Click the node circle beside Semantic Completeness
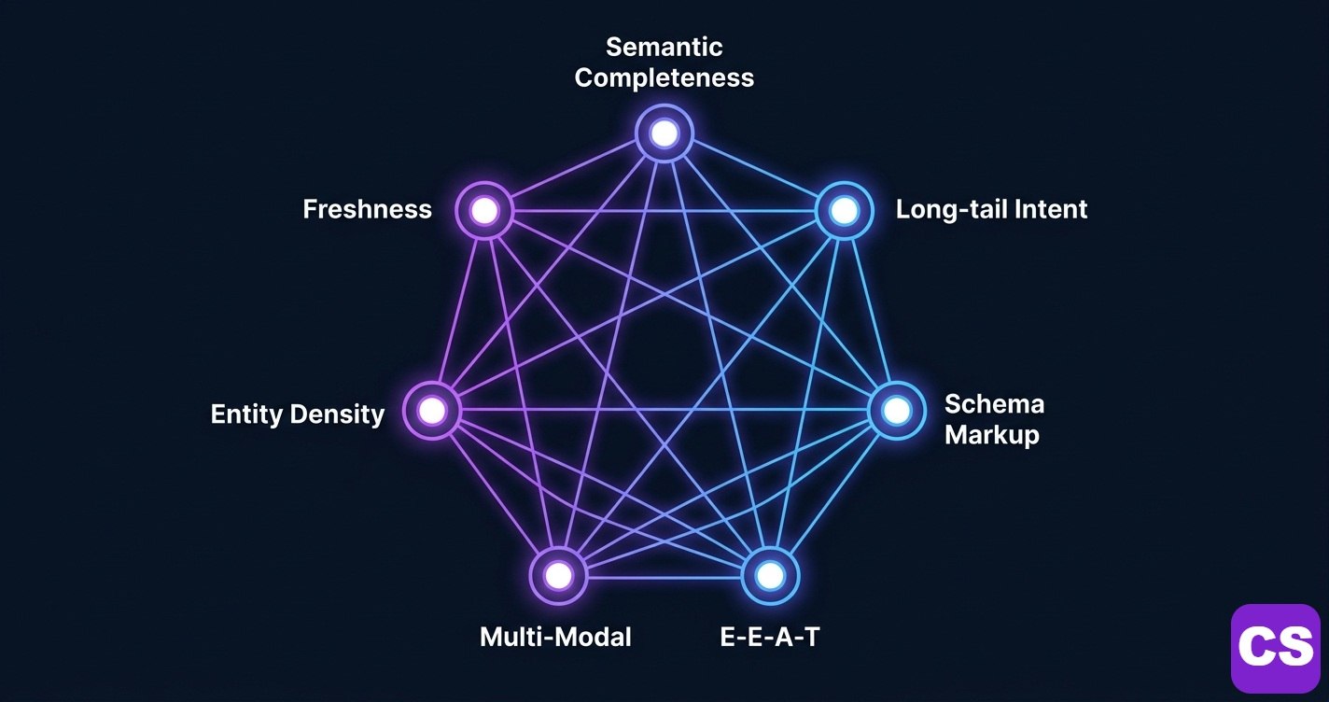pos(664,133)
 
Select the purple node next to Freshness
pos(484,210)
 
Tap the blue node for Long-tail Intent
pos(844,210)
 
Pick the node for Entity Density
pos(431,410)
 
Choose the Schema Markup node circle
pos(896,410)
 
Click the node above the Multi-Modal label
pos(558,575)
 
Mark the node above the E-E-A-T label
pos(770,575)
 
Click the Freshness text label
pos(367,209)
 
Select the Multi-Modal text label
pos(555,638)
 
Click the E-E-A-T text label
pos(770,638)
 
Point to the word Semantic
pos(664,47)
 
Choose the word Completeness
pos(664,77)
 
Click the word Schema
pos(994,404)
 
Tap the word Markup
pos(991,435)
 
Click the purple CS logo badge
pos(1275,647)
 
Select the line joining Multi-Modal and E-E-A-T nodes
pos(664,576)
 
